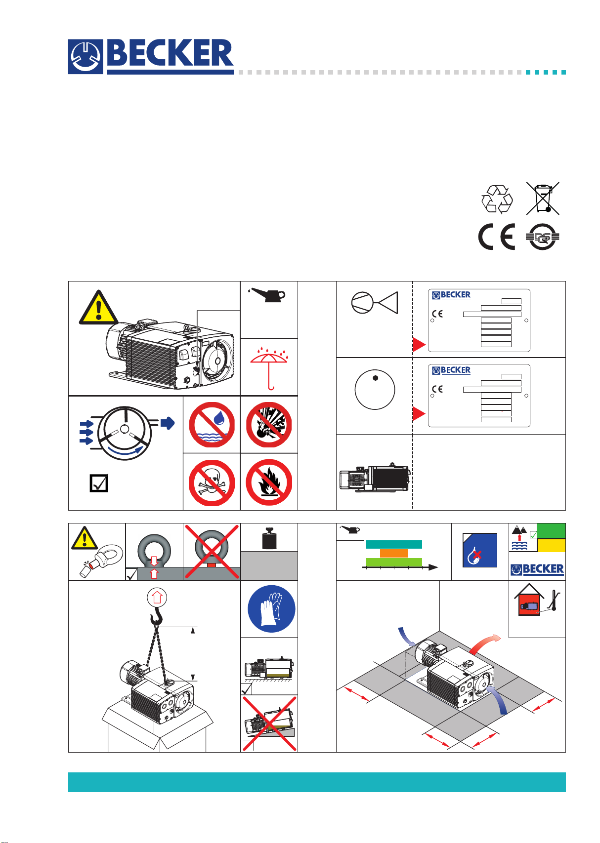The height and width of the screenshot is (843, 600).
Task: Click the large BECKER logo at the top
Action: click(x=151, y=56)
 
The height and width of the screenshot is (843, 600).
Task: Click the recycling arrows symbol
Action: click(x=497, y=199)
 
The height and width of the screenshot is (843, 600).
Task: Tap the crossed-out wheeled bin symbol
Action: click(x=543, y=199)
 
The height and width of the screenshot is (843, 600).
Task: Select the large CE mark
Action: click(x=496, y=237)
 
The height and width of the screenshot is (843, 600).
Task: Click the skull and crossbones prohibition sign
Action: click(x=212, y=482)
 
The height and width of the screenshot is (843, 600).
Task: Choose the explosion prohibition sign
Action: click(x=269, y=425)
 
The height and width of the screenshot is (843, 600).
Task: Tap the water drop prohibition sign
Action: click(x=212, y=425)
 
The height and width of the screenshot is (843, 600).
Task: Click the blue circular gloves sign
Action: click(x=271, y=609)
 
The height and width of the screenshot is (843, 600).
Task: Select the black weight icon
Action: click(x=269, y=538)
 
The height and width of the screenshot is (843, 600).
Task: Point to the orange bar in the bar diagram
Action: click(x=394, y=553)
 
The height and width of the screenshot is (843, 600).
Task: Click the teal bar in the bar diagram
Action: click(x=394, y=544)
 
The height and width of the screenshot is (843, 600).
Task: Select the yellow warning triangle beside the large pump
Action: click(x=98, y=308)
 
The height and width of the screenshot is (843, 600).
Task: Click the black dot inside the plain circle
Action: click(x=375, y=378)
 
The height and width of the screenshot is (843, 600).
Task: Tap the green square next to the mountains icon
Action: click(x=551, y=530)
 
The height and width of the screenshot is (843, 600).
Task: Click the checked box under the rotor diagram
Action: click(x=99, y=483)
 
